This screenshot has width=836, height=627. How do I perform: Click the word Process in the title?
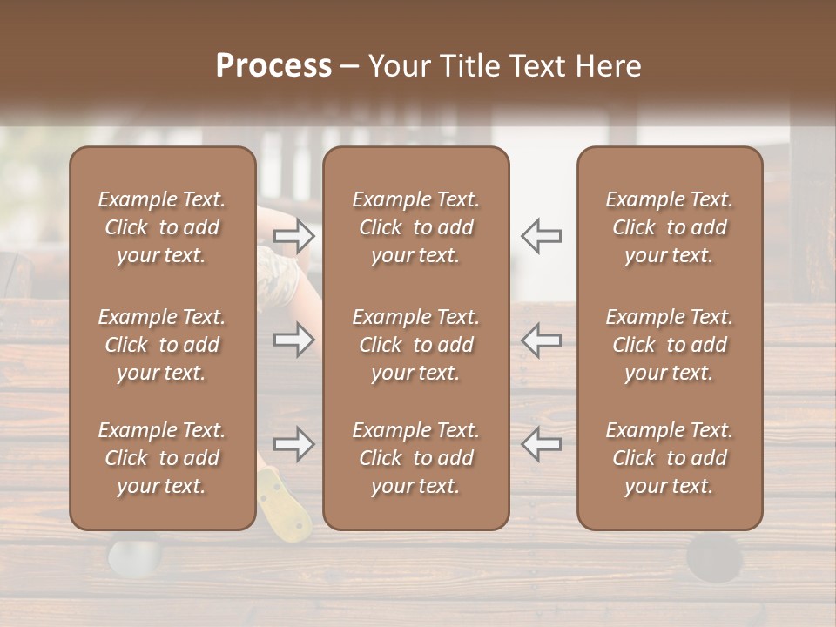pos(273,66)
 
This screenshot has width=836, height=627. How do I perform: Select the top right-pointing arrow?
pos(294,235)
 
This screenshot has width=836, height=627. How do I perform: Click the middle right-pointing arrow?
pos(294,340)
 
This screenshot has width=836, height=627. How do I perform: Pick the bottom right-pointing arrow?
pos(294,444)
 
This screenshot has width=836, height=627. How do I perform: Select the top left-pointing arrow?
pos(541,235)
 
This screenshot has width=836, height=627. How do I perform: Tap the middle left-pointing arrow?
pos(541,340)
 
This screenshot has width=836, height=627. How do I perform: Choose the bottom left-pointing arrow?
pos(541,444)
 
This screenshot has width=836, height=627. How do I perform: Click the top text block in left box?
pos(162,227)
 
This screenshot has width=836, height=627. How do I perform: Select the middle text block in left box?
pos(162,345)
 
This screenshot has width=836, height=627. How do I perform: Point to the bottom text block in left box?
pos(162,458)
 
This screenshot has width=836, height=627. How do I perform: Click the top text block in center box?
pos(415,227)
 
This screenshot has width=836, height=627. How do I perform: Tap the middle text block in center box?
pos(415,345)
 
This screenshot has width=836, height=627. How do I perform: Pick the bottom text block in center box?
pos(415,458)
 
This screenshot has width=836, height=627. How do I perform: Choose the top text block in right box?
pos(669,227)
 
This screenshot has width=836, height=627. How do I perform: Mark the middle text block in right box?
pos(669,345)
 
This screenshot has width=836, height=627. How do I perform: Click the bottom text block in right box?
pos(669,458)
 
